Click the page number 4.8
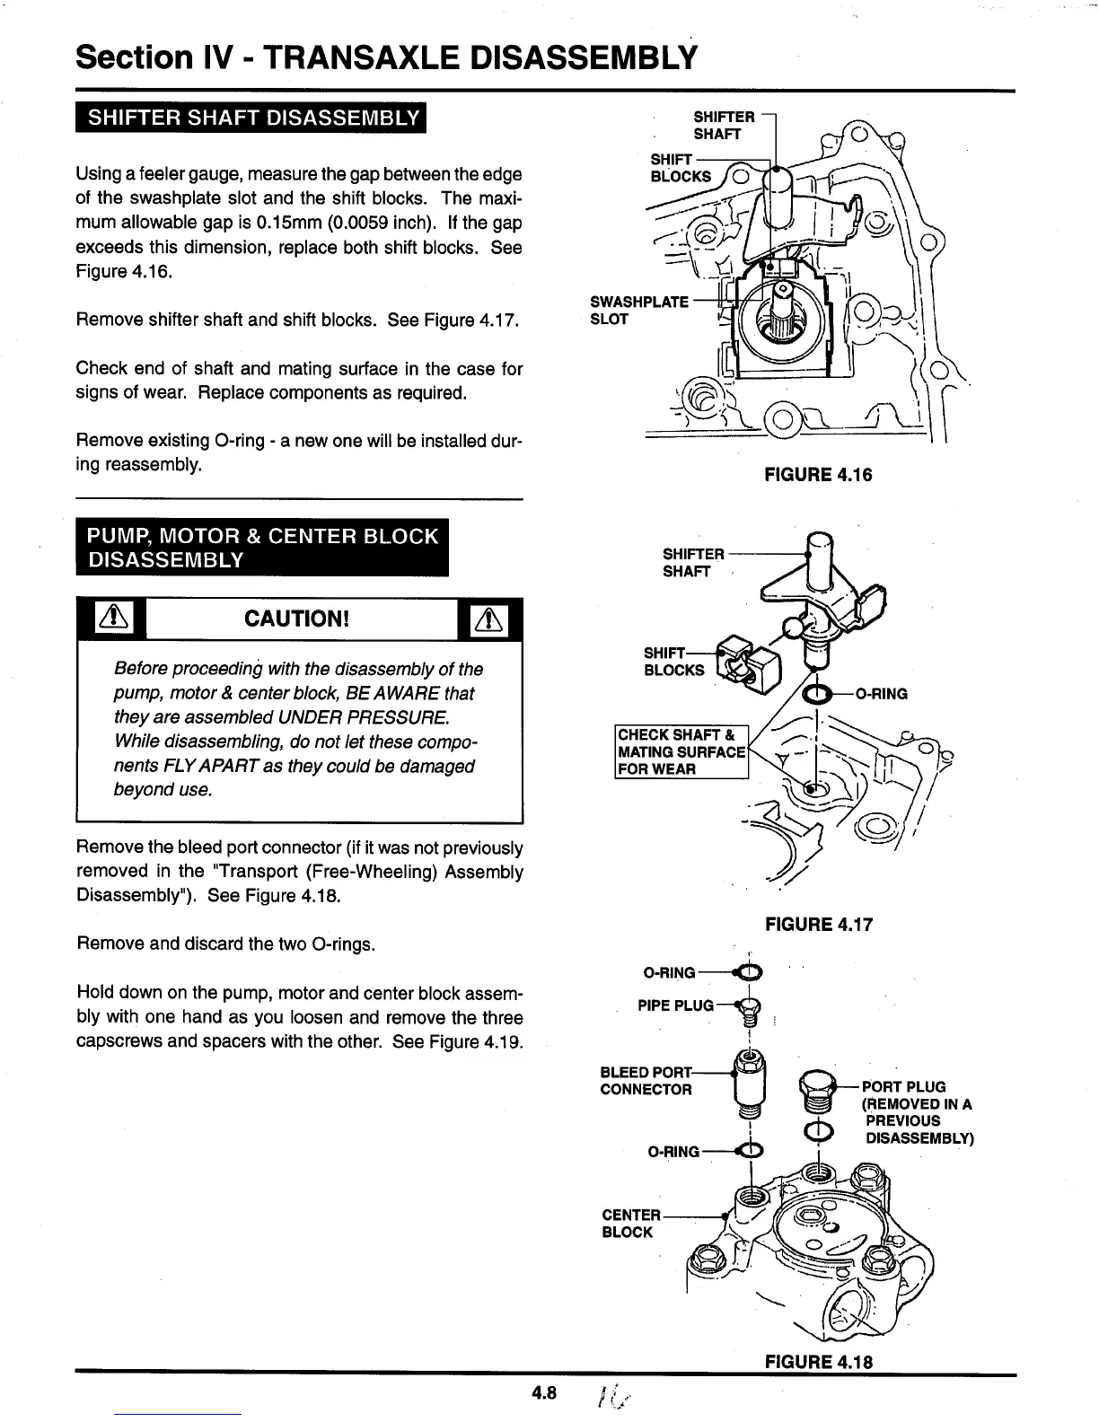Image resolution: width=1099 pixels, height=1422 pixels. pos(544,1393)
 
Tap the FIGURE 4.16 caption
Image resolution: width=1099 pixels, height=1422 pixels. pos(818,474)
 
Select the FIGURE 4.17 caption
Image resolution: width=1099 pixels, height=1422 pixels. pos(818,924)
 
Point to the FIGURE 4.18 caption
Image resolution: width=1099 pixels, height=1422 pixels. pos(818,1361)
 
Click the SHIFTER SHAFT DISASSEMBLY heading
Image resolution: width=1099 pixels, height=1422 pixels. pos(251,118)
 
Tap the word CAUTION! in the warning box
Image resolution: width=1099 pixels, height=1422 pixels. pos(296,619)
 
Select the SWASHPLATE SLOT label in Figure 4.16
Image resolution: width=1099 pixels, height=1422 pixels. pos(637,310)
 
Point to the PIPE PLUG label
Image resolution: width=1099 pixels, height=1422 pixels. pos(675,1005)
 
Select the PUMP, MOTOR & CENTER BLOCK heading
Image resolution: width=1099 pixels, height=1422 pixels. pos(262,548)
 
